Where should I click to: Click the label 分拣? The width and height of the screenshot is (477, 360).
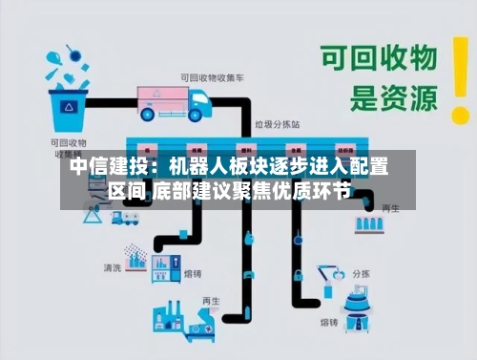pos(362,272)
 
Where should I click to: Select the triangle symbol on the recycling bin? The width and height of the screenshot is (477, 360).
pos(70,109)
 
